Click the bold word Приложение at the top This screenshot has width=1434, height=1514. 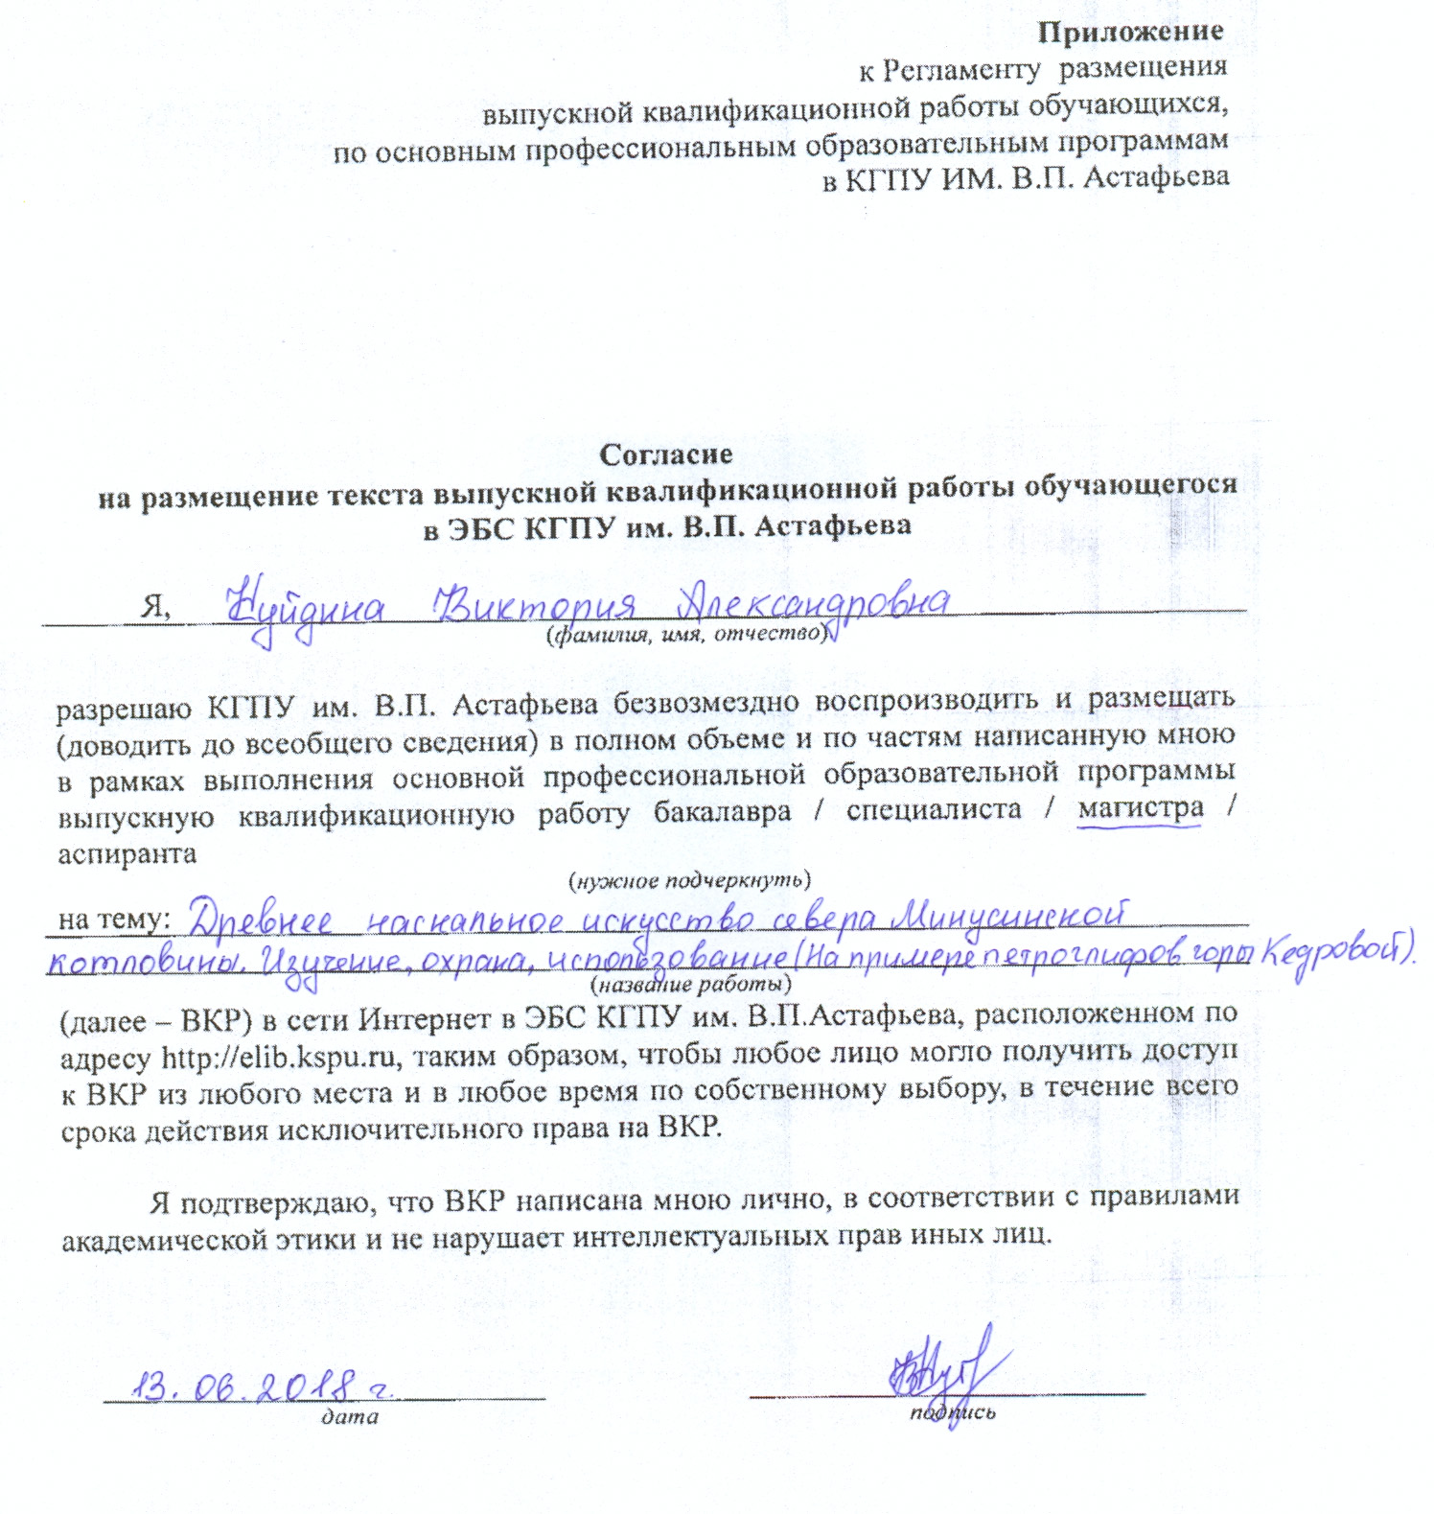click(x=1131, y=31)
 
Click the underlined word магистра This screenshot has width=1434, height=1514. click(x=1140, y=810)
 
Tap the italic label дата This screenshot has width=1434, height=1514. click(x=350, y=1416)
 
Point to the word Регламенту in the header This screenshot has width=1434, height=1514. click(x=961, y=69)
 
